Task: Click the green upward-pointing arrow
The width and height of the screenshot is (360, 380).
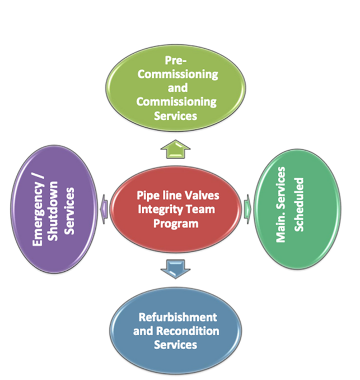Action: click(175, 149)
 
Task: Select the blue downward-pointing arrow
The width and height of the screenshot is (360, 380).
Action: click(175, 270)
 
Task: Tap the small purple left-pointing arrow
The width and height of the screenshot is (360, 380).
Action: click(104, 207)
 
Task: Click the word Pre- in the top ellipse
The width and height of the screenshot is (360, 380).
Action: click(176, 60)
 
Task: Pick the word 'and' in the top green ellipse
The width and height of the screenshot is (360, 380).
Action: click(176, 87)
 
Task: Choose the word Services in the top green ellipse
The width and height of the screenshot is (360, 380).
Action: click(175, 115)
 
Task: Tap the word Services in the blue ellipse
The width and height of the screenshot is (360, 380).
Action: click(175, 344)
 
